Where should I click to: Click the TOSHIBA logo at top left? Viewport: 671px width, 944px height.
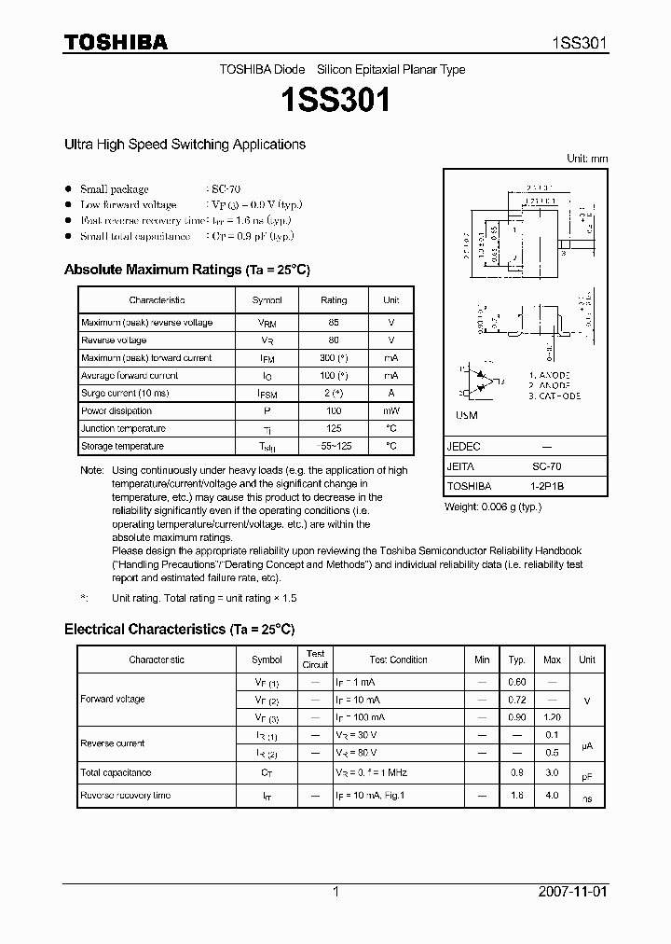click(x=116, y=42)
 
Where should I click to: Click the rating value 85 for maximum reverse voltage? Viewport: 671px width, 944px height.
click(x=333, y=323)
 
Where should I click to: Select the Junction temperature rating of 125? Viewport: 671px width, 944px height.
click(x=333, y=429)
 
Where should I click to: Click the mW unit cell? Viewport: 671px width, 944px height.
click(x=390, y=411)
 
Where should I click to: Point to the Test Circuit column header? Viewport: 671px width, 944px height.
click(x=315, y=659)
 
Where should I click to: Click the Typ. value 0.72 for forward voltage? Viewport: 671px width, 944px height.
click(x=516, y=700)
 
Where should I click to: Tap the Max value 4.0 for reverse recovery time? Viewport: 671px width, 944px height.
click(x=552, y=796)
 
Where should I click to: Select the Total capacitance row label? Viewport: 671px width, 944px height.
click(x=116, y=773)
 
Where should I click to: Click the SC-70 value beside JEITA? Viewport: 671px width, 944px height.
click(x=546, y=466)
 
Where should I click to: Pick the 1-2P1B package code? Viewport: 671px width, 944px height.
click(x=546, y=486)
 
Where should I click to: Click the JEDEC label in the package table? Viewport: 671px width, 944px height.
click(x=464, y=447)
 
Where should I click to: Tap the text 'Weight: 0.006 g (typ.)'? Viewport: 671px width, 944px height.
click(x=493, y=507)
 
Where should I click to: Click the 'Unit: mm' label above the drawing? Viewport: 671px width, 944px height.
click(x=587, y=159)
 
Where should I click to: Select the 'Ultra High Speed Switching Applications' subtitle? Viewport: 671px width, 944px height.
click(x=185, y=145)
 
